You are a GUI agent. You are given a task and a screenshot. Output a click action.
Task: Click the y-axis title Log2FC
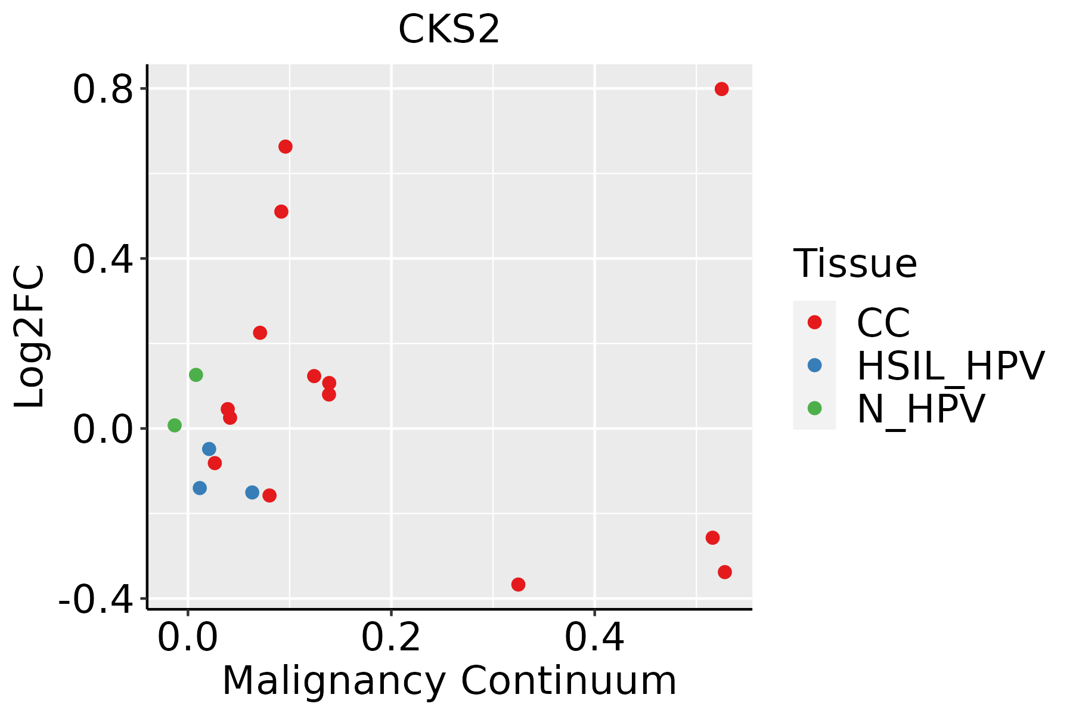click(x=30, y=337)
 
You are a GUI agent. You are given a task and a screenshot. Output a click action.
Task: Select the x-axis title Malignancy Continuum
click(x=449, y=681)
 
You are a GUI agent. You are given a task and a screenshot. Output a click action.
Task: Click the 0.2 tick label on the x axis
click(x=391, y=638)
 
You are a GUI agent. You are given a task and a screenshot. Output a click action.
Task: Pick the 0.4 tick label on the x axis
click(x=594, y=638)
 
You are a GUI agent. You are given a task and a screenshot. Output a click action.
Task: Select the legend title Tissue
click(x=855, y=264)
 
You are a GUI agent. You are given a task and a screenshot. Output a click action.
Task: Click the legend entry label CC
click(x=883, y=323)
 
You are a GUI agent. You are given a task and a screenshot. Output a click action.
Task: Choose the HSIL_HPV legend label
click(x=950, y=366)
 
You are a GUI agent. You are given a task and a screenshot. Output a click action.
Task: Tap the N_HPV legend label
click(x=920, y=409)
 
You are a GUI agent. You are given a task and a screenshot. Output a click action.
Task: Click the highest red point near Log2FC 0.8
click(x=721, y=89)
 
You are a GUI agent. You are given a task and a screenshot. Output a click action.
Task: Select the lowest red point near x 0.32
click(x=518, y=585)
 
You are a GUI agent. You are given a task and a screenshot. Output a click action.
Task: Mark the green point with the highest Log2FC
click(x=196, y=375)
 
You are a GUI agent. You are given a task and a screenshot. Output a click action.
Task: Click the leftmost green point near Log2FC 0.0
click(x=175, y=425)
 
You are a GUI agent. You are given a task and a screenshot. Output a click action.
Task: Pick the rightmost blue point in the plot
click(x=252, y=492)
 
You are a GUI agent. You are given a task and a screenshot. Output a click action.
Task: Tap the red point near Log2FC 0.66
click(x=286, y=147)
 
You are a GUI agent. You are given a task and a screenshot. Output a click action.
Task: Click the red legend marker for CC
click(x=814, y=322)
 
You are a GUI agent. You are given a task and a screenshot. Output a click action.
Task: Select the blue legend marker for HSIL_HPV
click(x=814, y=365)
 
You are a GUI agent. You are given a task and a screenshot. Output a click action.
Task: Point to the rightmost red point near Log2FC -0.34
click(x=725, y=572)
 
